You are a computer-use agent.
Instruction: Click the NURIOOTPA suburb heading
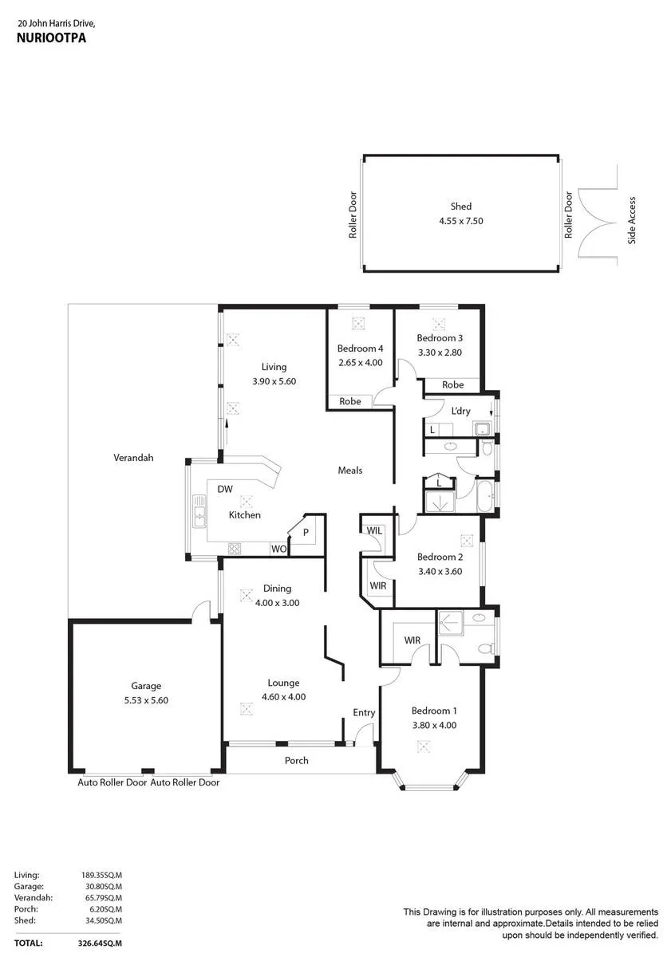(x=51, y=37)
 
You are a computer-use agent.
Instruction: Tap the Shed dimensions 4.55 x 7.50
(x=460, y=221)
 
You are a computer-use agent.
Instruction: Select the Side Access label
(x=631, y=220)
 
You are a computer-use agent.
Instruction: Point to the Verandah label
(x=133, y=458)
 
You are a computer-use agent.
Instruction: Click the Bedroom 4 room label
(x=360, y=349)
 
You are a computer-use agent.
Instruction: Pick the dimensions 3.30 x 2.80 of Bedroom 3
(x=440, y=352)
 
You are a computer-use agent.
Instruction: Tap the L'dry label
(x=460, y=411)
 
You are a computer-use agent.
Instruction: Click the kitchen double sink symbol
(x=199, y=510)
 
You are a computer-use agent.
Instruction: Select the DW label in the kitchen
(x=225, y=489)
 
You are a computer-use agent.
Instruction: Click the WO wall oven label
(x=278, y=549)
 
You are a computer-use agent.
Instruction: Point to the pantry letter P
(x=306, y=533)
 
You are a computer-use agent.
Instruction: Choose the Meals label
(x=350, y=471)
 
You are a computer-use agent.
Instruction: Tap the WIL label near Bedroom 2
(x=374, y=530)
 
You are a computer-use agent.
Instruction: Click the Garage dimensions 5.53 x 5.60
(x=146, y=700)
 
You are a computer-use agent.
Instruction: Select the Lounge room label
(x=283, y=683)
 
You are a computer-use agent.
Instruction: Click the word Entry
(x=364, y=713)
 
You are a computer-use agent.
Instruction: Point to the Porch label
(x=296, y=761)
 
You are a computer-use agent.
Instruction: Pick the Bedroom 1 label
(x=434, y=711)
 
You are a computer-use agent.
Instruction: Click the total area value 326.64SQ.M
(x=100, y=943)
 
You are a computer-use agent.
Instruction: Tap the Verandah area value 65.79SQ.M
(x=104, y=898)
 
